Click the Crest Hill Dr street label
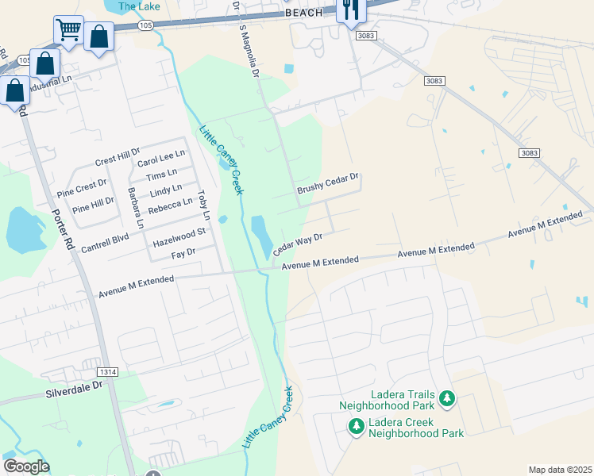tap(117, 155)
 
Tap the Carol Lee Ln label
tap(161, 157)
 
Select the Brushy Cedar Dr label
tap(328, 184)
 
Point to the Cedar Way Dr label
tap(298, 244)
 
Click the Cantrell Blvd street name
tap(105, 244)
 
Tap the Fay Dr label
tap(183, 253)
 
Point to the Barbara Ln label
tap(136, 209)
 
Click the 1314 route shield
tap(108, 371)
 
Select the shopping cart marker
tap(68, 30)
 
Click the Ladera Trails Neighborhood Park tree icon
tap(447, 398)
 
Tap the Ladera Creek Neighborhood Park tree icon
tap(357, 427)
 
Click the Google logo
tap(26, 466)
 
